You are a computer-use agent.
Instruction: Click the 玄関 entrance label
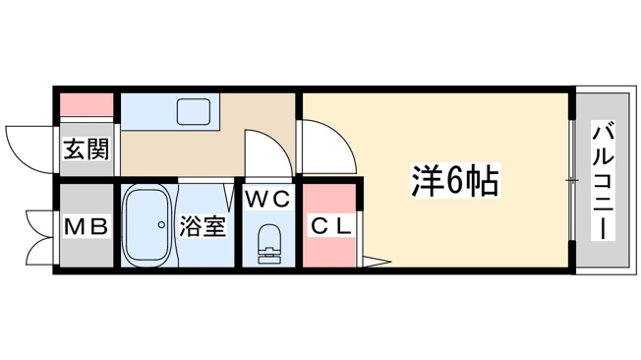[87, 150]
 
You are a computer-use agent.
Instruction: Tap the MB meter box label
[87, 226]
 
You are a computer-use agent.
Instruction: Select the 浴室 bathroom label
[203, 226]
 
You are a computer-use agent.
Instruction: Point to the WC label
[268, 200]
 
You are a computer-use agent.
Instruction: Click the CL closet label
[331, 226]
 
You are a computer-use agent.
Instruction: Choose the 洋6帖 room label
[455, 181]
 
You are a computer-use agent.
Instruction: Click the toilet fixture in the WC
[268, 244]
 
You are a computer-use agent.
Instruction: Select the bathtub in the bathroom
[147, 226]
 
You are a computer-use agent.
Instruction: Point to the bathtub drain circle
[161, 224]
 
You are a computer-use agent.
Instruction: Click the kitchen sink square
[194, 112]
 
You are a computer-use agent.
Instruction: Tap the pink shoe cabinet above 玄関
[87, 104]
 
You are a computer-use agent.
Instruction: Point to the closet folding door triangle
[374, 262]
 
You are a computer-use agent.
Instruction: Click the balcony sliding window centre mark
[573, 180]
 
